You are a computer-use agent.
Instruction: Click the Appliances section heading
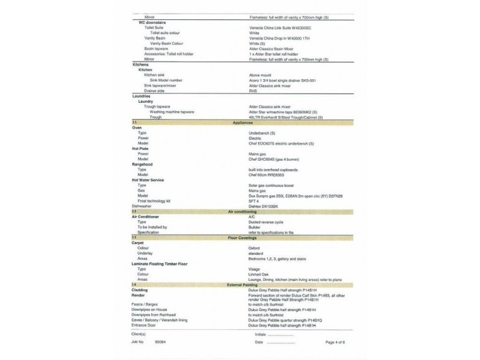click(x=248, y=122)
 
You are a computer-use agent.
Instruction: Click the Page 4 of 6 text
click(x=338, y=341)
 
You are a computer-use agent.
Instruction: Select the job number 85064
click(x=160, y=341)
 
